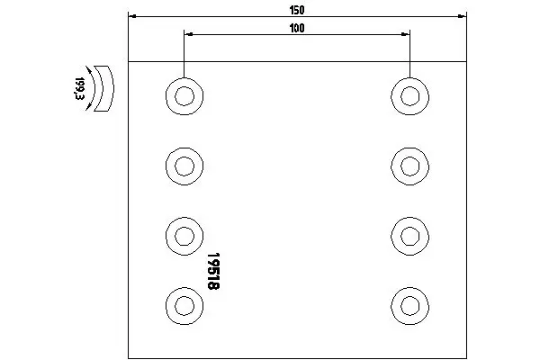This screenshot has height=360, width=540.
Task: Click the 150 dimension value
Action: [x=297, y=10]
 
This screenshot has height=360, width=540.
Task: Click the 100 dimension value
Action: [x=297, y=28]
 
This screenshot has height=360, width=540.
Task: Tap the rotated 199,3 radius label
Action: [x=79, y=88]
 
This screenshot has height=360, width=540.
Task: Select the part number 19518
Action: [x=213, y=271]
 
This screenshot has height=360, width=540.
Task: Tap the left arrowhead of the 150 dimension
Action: [x=132, y=16]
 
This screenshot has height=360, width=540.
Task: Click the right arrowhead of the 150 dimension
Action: [x=463, y=16]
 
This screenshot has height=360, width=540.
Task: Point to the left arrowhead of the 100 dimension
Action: [x=188, y=34]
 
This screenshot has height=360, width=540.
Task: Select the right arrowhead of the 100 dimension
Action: [x=405, y=34]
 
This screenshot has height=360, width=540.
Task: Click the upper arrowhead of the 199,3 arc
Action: [x=89, y=70]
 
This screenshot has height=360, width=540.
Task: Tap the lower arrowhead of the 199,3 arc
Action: [x=88, y=107]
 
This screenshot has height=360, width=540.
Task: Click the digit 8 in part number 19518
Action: [x=213, y=286]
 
